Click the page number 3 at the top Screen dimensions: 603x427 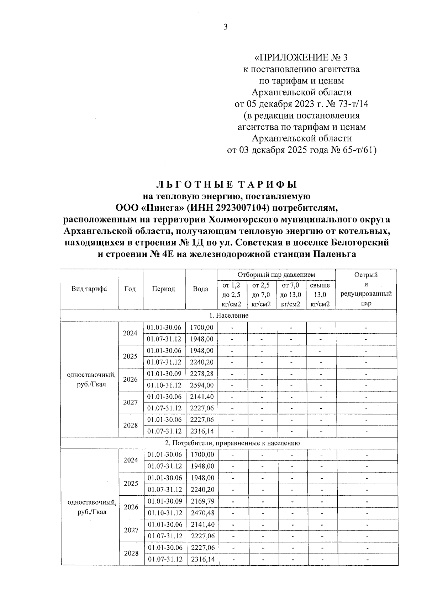pos(225,27)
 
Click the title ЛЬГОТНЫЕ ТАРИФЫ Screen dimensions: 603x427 pos(226,185)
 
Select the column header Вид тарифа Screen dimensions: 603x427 pos(89,289)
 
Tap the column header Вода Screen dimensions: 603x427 pos(200,289)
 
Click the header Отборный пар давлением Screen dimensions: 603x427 pos(276,275)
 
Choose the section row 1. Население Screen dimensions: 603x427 pos(228,315)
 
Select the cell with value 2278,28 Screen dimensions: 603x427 pos(201,374)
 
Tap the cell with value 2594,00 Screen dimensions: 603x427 pos(201,385)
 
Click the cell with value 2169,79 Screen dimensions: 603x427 pos(202,501)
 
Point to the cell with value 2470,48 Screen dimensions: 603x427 pos(202,513)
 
